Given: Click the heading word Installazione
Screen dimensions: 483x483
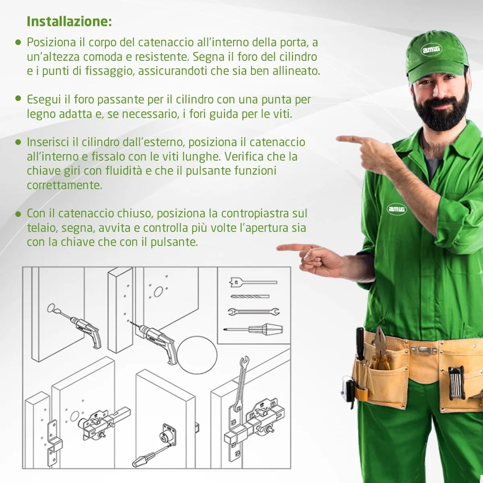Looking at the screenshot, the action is coord(69,22).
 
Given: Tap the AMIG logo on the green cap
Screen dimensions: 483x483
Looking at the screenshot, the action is coord(431,50).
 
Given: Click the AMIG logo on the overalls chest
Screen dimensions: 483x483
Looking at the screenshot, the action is coord(396,209).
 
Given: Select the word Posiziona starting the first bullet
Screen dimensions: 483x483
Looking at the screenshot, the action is coord(51,43).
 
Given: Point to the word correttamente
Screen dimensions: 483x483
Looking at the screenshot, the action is coord(64,186).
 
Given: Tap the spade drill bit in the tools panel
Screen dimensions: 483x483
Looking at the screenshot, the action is coord(253,282).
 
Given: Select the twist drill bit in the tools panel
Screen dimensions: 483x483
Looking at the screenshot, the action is coord(250,297).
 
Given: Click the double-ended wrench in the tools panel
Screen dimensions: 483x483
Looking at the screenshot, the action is coord(254,312).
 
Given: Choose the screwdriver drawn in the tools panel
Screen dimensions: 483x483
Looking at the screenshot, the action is coord(253,329).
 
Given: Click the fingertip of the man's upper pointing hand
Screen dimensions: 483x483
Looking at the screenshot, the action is coord(337,138).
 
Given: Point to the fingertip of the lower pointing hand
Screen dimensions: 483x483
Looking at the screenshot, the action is coord(278,248).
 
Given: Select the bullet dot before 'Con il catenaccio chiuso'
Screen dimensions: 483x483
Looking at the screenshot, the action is coord(18,214).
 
